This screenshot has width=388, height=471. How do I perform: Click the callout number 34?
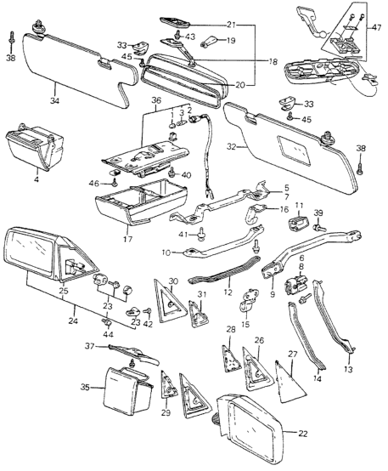(x=54, y=100)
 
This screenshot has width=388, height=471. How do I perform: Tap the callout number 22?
(x=303, y=434)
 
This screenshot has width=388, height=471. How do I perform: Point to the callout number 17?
(x=128, y=240)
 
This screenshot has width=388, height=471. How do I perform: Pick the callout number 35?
(x=85, y=388)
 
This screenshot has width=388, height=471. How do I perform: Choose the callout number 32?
(x=232, y=147)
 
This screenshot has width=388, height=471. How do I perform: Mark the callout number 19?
(x=230, y=40)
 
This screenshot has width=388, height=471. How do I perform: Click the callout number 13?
(x=348, y=370)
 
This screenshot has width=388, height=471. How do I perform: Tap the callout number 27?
(x=292, y=355)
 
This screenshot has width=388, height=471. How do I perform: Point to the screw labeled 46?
(x=115, y=181)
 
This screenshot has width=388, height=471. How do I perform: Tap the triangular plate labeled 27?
(x=290, y=382)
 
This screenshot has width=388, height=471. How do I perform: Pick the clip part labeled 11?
(x=299, y=224)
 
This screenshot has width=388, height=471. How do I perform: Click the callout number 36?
(x=156, y=101)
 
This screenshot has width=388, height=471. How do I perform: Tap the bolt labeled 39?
(x=319, y=229)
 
